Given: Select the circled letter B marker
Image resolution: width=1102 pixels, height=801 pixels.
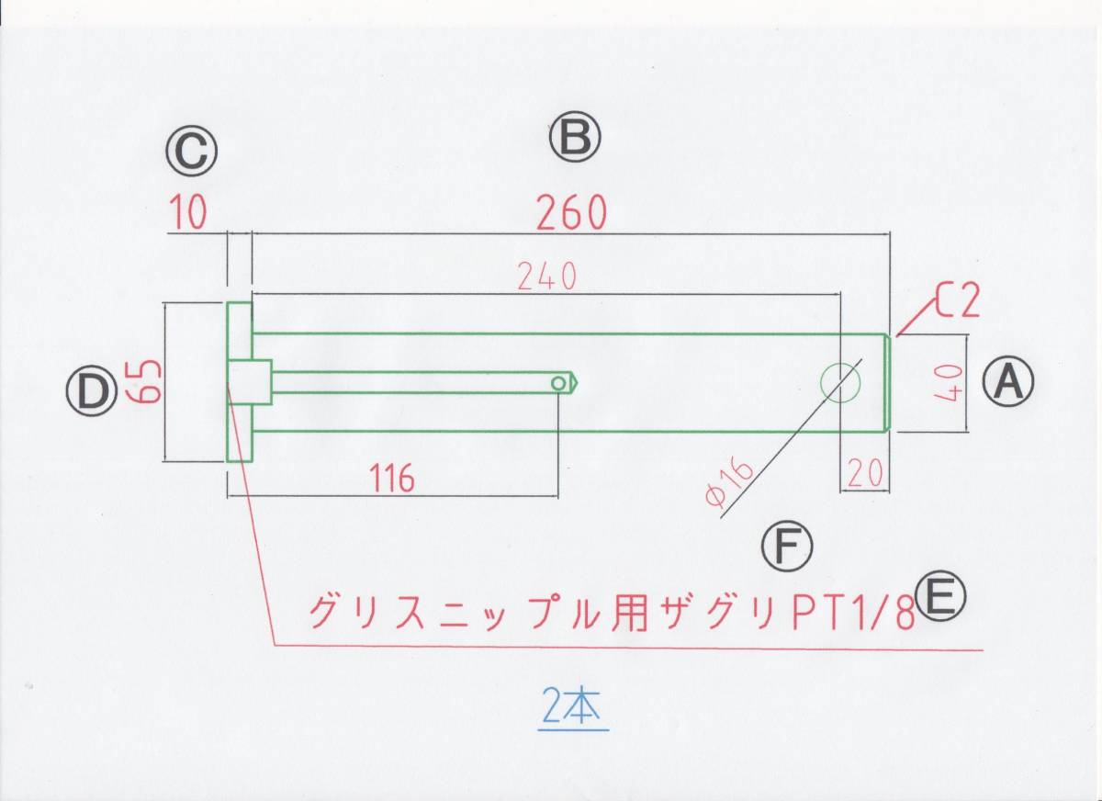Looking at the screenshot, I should [575, 138].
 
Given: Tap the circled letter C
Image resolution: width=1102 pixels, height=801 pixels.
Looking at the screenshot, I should [192, 151].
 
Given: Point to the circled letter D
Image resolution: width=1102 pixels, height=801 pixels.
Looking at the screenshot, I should [91, 393].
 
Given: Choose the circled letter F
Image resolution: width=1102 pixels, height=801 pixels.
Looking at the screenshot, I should [787, 547].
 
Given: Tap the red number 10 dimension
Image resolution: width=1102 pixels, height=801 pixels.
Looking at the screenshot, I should [188, 214].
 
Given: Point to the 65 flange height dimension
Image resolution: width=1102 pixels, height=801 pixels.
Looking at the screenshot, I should [147, 381].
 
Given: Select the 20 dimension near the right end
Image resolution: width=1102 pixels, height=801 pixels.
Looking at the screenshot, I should [864, 472].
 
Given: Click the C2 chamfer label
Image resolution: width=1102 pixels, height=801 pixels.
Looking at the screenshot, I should [959, 301].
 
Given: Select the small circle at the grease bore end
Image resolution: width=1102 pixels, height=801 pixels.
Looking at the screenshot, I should [558, 382].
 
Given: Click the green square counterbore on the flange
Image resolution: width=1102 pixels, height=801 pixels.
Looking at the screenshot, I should [250, 382].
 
